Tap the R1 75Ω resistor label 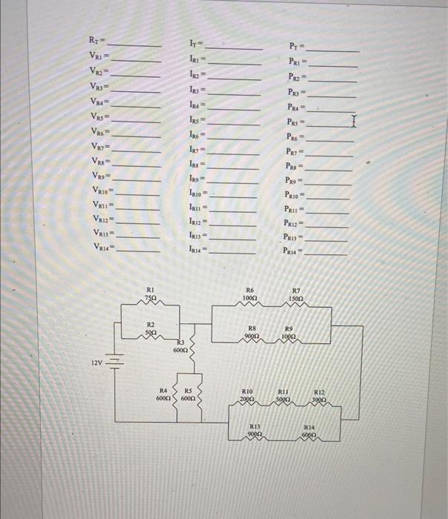tap(151, 294)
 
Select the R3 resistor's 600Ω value tap(181, 349)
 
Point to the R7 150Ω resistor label tap(296, 294)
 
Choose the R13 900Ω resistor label tap(254, 431)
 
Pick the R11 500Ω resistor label tap(283, 395)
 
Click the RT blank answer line tap(135, 45)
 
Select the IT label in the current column tap(194, 45)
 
